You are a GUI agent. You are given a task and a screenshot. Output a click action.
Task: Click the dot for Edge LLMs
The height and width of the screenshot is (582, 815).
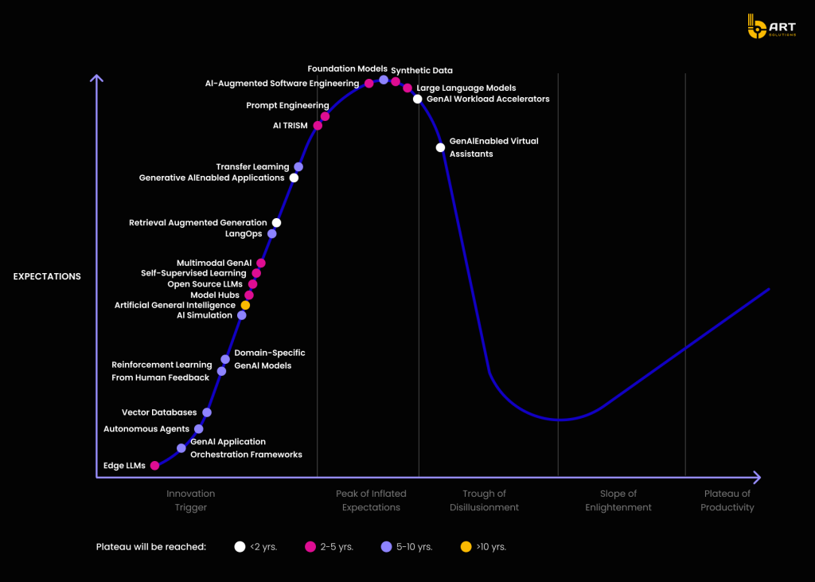tap(154, 466)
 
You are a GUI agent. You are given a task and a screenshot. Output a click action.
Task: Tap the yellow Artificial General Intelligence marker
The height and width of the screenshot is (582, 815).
tap(245, 305)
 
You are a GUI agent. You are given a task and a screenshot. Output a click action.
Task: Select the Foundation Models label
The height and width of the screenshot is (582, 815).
tap(347, 69)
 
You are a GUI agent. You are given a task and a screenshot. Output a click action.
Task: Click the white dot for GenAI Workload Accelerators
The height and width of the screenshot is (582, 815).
tap(417, 99)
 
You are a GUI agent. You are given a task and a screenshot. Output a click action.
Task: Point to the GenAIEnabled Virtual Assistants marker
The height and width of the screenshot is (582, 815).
tap(440, 147)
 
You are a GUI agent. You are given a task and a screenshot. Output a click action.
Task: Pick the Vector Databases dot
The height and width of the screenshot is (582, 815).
tap(207, 412)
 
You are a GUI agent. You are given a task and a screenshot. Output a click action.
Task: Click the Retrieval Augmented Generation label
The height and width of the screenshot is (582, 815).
tap(198, 223)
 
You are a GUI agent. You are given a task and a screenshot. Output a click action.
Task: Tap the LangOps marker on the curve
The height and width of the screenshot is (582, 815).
tap(271, 234)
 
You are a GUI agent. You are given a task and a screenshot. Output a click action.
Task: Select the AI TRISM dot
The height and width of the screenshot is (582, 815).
tap(318, 126)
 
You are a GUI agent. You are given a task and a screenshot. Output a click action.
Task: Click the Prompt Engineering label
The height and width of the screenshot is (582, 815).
tap(287, 105)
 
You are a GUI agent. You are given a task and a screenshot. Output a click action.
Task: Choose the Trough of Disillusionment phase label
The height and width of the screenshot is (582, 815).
tap(484, 501)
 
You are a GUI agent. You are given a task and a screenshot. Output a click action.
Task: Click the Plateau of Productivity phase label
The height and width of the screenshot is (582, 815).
tap(727, 501)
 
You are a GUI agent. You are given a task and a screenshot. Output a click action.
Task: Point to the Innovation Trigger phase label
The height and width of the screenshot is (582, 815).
tap(190, 501)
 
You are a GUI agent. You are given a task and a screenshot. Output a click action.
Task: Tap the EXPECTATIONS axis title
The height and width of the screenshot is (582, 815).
tap(47, 276)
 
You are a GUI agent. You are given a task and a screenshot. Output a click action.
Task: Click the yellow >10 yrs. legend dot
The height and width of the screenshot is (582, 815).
tap(466, 546)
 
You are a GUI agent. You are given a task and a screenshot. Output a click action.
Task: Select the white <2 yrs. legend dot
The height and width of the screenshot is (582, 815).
tap(240, 546)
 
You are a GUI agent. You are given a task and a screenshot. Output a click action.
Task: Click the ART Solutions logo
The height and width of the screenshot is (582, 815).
tap(766, 27)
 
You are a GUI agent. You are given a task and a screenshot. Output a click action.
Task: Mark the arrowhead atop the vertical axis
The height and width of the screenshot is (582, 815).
tap(96, 77)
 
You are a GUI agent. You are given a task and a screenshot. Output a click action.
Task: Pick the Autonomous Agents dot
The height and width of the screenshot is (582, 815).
tap(199, 429)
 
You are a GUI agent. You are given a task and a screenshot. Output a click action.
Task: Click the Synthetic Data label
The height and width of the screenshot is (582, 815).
tap(422, 71)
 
